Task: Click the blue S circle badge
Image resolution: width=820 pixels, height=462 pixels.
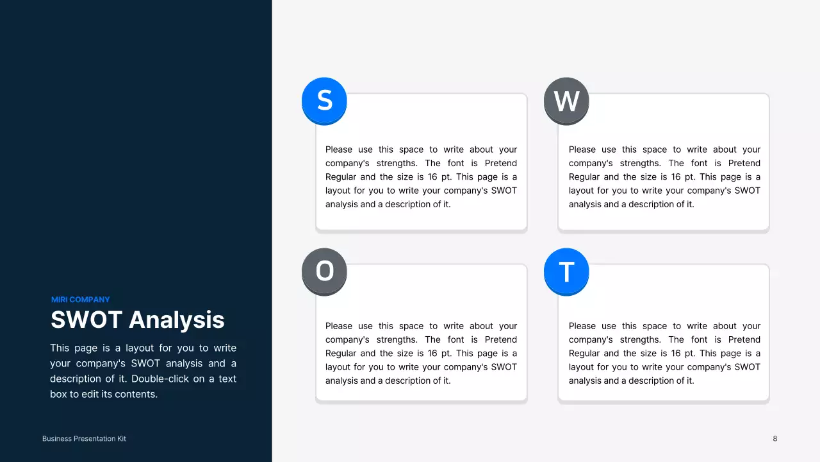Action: point(324,100)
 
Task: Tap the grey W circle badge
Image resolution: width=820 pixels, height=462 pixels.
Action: point(566,101)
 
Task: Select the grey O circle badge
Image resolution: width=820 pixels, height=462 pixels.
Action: point(324,271)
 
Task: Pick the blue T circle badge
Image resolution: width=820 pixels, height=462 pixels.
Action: point(566,271)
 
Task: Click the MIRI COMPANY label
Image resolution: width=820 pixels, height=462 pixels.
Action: point(81,300)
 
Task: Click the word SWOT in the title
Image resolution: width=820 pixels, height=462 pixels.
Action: point(86,320)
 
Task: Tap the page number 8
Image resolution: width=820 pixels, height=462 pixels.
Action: point(775,439)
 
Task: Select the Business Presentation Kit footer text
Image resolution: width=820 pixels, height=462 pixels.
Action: point(84,439)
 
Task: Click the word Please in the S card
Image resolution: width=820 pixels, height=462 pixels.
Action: point(339,150)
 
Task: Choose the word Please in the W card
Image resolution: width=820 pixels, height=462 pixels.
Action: point(582,150)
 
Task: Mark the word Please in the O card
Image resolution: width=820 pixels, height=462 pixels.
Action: point(339,326)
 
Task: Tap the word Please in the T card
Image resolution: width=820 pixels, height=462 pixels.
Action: point(582,326)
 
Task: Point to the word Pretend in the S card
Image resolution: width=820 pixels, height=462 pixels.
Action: point(500,163)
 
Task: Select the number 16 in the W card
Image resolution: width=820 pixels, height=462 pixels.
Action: point(676,177)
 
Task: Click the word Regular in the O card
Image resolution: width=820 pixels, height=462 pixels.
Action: point(341,354)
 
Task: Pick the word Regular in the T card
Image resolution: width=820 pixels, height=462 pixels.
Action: point(585,354)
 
